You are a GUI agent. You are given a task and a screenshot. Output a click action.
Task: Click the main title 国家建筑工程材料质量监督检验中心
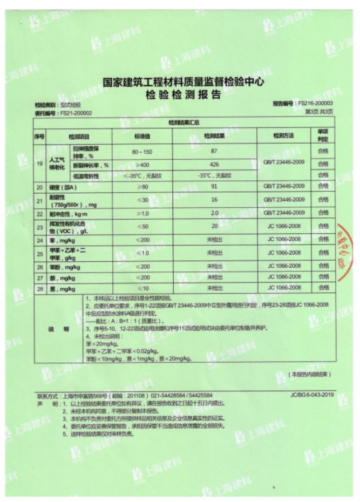pos(183,83)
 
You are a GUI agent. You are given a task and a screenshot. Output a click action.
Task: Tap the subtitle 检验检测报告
pos(183,95)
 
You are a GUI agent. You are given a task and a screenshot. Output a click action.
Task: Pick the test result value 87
pos(214,151)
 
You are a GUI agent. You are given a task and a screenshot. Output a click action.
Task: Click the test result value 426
pos(214,164)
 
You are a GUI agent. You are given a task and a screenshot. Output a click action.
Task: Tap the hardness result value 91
pos(214,187)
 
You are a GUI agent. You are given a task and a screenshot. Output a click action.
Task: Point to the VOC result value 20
pos(214,227)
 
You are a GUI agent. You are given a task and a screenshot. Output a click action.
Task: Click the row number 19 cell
pos(39,163)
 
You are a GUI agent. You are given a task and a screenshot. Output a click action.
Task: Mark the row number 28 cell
pos(39,289)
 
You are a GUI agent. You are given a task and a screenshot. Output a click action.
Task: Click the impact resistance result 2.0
pos(214,213)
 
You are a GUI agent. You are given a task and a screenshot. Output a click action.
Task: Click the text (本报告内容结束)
pos(310,374)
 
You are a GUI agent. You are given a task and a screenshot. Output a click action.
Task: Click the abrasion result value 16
pos(214,200)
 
